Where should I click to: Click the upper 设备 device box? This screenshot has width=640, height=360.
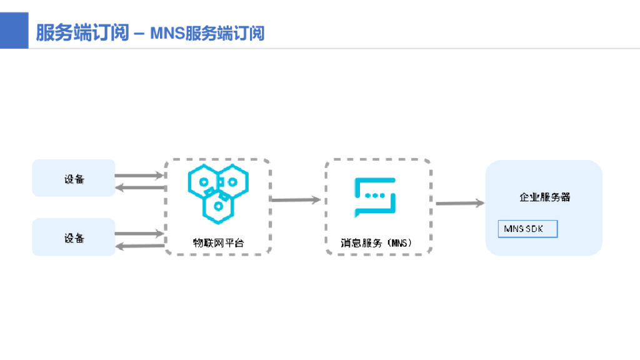point(74,179)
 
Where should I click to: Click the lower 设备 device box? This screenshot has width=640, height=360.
point(74,237)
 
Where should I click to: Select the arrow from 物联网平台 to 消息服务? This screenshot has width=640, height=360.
point(296,200)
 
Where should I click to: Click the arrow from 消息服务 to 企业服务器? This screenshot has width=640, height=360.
point(460,203)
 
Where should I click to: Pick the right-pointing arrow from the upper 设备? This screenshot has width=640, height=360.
point(139,176)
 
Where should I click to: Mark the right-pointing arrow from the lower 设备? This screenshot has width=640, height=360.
point(139,234)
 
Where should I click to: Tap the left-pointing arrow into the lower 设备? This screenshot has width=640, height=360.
point(139,246)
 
